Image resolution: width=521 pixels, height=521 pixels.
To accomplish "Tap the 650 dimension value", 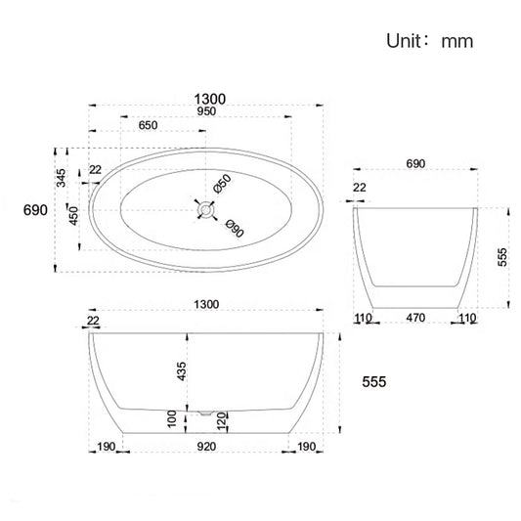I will (150, 125).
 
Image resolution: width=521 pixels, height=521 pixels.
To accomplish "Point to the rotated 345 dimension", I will (61, 178).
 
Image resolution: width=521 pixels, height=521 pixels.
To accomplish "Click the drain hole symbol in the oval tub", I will (204, 208).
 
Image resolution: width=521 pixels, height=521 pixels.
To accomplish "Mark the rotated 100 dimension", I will (172, 419).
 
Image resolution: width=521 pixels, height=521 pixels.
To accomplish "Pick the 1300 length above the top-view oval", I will (210, 98).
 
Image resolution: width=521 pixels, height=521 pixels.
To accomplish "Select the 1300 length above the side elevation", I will (206, 304).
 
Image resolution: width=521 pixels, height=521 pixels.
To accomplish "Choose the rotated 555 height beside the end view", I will (501, 256).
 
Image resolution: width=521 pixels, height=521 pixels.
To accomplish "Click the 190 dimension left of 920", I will (107, 448).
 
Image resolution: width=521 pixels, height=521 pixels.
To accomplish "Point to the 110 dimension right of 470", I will (467, 319).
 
